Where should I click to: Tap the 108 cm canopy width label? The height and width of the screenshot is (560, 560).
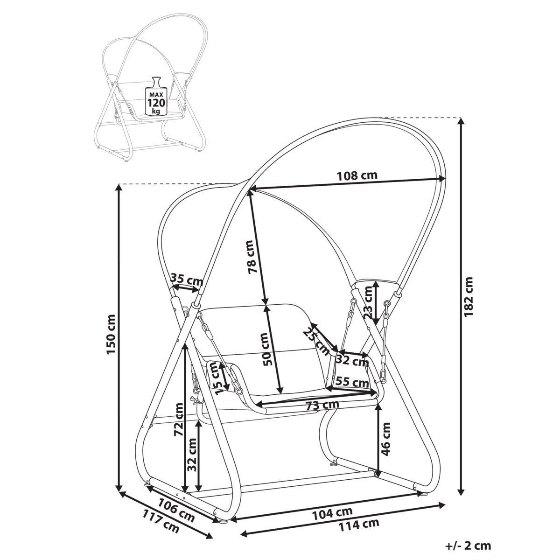[357, 176]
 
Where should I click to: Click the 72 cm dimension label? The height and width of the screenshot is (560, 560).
[177, 419]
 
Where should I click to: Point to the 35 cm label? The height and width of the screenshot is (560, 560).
[187, 280]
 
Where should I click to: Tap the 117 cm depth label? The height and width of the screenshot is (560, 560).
[161, 521]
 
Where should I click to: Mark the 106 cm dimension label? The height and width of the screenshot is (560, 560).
[175, 510]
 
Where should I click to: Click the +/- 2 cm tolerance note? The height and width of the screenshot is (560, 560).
[469, 546]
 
